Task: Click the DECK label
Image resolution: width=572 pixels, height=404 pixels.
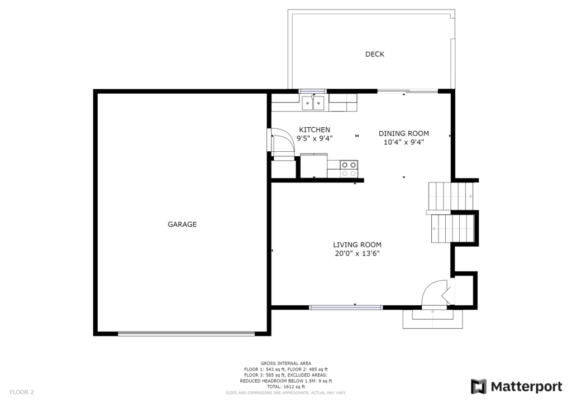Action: [x=375, y=54]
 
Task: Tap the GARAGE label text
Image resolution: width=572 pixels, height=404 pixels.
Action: [x=182, y=224]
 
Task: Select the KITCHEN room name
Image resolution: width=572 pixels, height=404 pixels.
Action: [x=314, y=129]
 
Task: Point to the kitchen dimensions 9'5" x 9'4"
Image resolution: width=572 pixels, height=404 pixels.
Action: [x=314, y=138]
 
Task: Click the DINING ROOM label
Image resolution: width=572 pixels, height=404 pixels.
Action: [x=403, y=133]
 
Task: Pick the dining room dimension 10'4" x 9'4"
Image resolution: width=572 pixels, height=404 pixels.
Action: [x=403, y=142]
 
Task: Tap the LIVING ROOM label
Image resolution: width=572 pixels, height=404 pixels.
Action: [x=357, y=245]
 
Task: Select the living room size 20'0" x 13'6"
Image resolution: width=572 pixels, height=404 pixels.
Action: [x=357, y=253]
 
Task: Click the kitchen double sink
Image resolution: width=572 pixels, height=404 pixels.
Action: [x=313, y=103]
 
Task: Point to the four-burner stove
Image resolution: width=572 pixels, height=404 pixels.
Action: [x=349, y=169]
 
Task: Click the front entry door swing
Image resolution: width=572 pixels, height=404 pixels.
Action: [x=433, y=294]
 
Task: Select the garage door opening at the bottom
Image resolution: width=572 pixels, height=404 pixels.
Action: [x=186, y=333]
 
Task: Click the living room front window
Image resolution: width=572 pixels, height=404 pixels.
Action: [x=346, y=307]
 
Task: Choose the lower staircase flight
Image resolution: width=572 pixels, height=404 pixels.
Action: [x=452, y=228]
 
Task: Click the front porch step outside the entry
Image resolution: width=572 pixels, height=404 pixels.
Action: [x=433, y=319]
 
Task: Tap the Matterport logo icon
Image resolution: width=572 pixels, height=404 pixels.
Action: [x=479, y=387]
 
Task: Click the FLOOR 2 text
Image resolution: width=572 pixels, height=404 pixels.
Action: [x=22, y=392]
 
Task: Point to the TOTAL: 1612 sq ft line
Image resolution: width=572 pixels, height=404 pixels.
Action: [x=285, y=387]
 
